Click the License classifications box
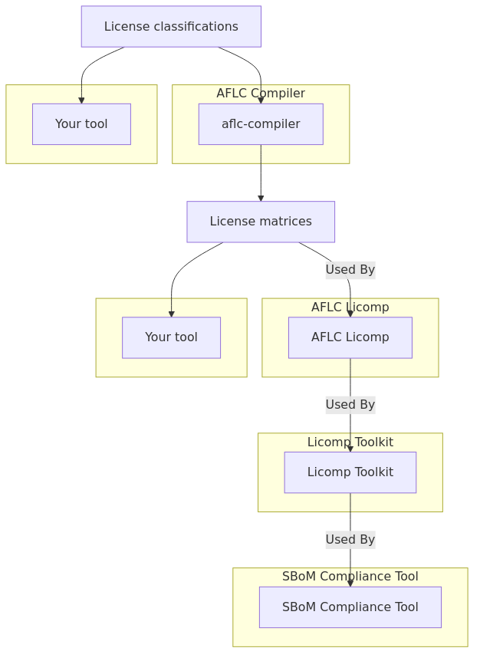pyautogui.click(x=171, y=27)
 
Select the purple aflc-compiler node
pyautogui.click(x=261, y=124)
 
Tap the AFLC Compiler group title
pyautogui.click(x=261, y=94)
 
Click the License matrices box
pyautogui.click(x=261, y=222)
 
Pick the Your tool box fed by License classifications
pyautogui.click(x=81, y=124)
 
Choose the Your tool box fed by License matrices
pyautogui.click(x=171, y=337)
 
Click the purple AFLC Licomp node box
pyautogui.click(x=350, y=337)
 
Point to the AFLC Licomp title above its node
pyautogui.click(x=350, y=307)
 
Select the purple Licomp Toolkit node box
pyautogui.click(x=350, y=472)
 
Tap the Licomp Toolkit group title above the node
pyautogui.click(x=350, y=442)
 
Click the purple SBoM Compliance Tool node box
pyautogui.click(x=350, y=607)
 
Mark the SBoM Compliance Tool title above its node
pyautogui.click(x=350, y=577)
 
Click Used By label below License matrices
pyautogui.click(x=350, y=270)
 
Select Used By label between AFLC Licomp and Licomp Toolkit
pyautogui.click(x=350, y=405)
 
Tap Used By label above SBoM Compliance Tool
pyautogui.click(x=350, y=540)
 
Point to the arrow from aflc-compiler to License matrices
pyautogui.click(x=261, y=173)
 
